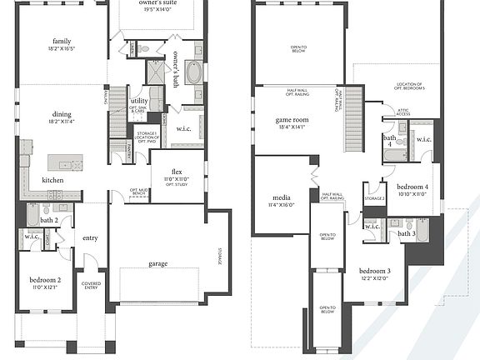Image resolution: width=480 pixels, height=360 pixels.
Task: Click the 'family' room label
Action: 62,41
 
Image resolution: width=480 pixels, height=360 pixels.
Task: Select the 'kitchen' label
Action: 52,179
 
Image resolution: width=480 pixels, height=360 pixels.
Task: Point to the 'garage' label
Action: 157,263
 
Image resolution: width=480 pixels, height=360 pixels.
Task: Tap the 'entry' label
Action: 90,238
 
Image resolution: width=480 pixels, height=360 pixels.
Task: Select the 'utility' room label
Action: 139,100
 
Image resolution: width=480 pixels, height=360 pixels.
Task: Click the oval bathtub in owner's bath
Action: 193,72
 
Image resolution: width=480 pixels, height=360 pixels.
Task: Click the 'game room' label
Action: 292,120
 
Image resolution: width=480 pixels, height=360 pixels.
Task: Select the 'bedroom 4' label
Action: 412,187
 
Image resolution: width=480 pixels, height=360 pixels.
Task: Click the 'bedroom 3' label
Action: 375,271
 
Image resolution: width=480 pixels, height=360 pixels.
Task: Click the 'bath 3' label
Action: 406,234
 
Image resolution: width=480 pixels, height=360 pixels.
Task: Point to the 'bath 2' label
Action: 49,220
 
